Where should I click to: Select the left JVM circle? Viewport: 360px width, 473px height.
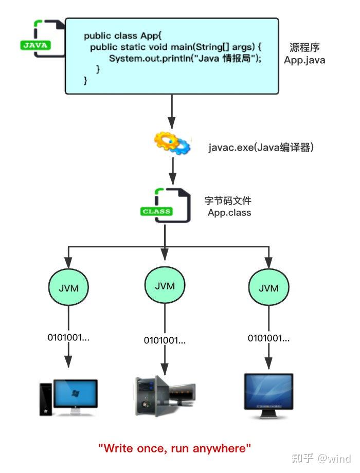(68, 287)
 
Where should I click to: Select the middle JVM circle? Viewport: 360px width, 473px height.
(165, 286)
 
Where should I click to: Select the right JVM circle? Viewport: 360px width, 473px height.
(268, 287)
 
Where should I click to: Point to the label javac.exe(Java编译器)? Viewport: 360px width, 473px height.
(261, 148)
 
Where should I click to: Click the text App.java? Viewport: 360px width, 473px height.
(304, 60)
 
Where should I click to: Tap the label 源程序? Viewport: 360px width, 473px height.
(304, 47)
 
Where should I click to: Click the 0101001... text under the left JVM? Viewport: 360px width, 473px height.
(68, 338)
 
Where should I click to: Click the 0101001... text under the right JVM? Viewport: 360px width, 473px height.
(268, 338)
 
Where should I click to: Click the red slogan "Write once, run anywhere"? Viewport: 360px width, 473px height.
(175, 448)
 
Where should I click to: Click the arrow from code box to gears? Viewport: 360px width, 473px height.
(172, 111)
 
